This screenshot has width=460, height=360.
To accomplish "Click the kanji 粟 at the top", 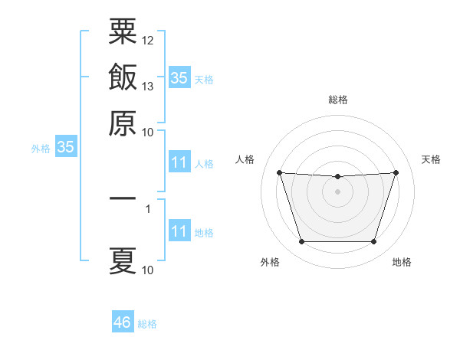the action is tap(123, 31).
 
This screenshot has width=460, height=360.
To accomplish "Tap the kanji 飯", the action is tap(123, 77).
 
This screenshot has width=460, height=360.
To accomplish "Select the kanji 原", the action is tap(123, 123).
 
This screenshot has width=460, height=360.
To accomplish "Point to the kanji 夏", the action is tap(123, 261).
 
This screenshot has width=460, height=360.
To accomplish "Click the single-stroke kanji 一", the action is tap(123, 198).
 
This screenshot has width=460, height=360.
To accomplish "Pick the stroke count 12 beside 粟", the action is tap(147, 41).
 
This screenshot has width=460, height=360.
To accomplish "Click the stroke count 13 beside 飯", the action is tap(147, 87).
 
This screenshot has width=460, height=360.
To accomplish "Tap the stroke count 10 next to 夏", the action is tap(147, 270).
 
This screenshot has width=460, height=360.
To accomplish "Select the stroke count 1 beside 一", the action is tap(148, 209).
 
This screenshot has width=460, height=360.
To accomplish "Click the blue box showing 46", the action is tap(123, 321).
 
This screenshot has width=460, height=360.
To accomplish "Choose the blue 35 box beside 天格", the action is tap(180, 77).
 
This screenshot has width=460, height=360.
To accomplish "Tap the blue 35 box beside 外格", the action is tap(66, 146).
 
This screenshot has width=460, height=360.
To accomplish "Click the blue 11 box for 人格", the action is tap(180, 162).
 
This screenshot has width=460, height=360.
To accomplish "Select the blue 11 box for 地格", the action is tap(180, 230).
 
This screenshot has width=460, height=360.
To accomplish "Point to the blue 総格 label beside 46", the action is tap(147, 324).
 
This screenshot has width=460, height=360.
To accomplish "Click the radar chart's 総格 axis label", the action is tap(338, 100).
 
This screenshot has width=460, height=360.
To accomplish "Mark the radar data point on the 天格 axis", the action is tap(396, 172).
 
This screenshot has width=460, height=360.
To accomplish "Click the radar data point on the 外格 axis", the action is tap(302, 242).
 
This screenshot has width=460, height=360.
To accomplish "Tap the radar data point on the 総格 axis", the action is tap(337, 176).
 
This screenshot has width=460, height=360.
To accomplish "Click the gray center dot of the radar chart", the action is tap(337, 191).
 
